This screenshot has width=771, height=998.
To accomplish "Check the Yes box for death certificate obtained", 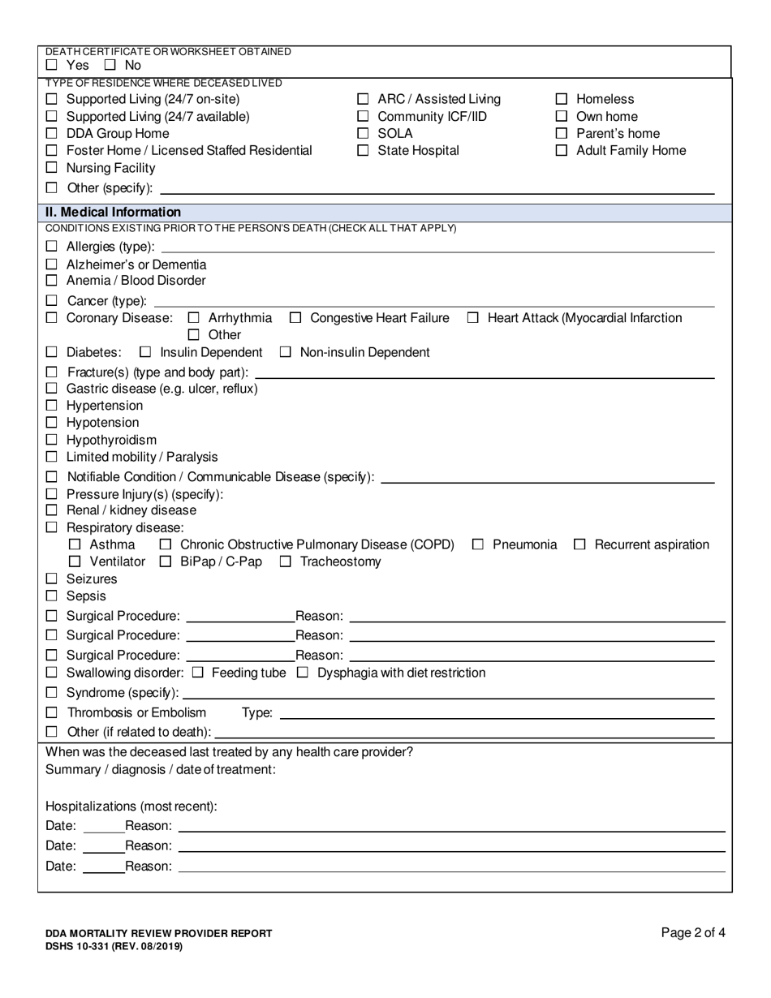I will pyautogui.click(x=52, y=65).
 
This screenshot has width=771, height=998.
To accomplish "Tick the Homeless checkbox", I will pyautogui.click(x=562, y=99).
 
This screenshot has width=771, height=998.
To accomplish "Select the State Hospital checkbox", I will pyautogui.click(x=363, y=150).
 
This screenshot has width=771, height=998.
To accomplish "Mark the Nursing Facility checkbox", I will pyautogui.click(x=52, y=168).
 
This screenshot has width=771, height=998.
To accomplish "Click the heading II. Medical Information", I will pyautogui.click(x=114, y=212).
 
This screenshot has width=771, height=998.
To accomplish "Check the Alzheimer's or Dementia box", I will pyautogui.click(x=52, y=265).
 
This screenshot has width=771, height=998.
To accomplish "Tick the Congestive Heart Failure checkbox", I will pyautogui.click(x=295, y=318).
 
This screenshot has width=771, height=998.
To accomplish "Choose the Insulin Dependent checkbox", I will pyautogui.click(x=145, y=352).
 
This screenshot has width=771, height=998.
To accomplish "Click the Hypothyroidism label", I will pyautogui.click(x=111, y=440).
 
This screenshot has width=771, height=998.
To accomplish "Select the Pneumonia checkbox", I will pyautogui.click(x=478, y=544).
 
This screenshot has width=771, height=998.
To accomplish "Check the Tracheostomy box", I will pyautogui.click(x=286, y=561).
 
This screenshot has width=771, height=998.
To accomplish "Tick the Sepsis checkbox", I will pyautogui.click(x=52, y=596).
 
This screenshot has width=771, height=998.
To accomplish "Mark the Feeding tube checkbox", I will pyautogui.click(x=197, y=673).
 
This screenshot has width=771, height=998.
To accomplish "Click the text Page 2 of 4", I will pyautogui.click(x=693, y=932).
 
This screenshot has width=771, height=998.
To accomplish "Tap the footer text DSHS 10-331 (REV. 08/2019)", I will pyautogui.click(x=114, y=946).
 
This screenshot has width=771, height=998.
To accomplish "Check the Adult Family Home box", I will pyautogui.click(x=562, y=150).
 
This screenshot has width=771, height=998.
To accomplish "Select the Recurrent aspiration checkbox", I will pyautogui.click(x=579, y=544).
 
